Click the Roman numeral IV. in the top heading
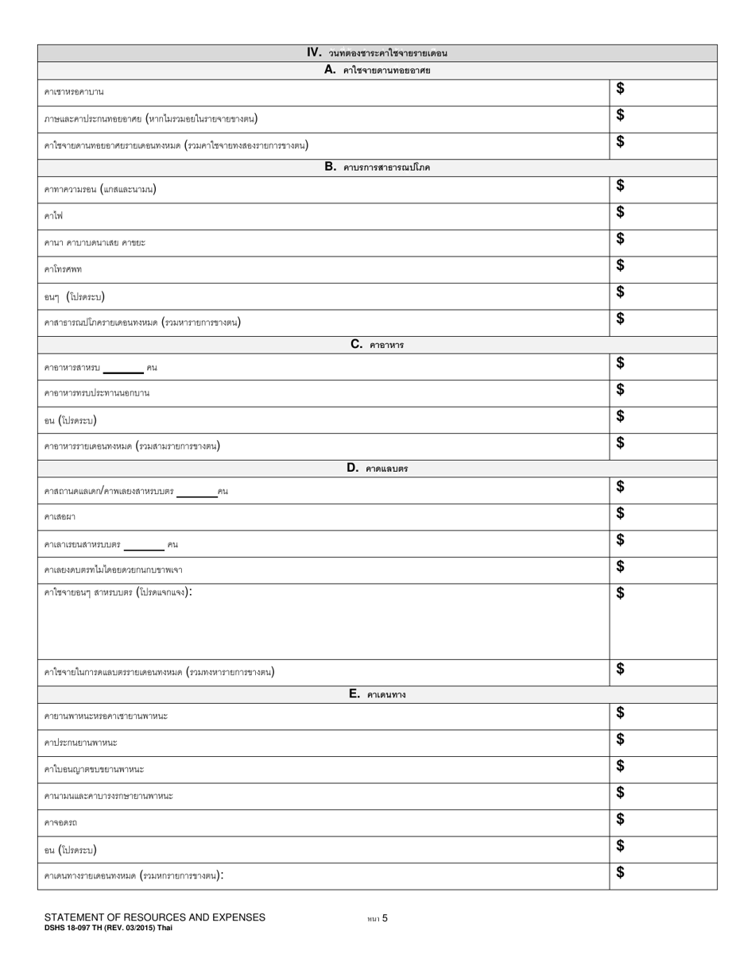tap(315, 52)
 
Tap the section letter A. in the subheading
tap(331, 70)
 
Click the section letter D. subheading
tap(354, 468)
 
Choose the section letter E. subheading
tap(355, 693)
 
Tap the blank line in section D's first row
tap(196, 495)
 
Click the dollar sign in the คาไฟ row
tap(621, 212)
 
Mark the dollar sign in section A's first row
tap(621, 88)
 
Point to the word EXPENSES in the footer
tap(234, 917)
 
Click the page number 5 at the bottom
tap(385, 918)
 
